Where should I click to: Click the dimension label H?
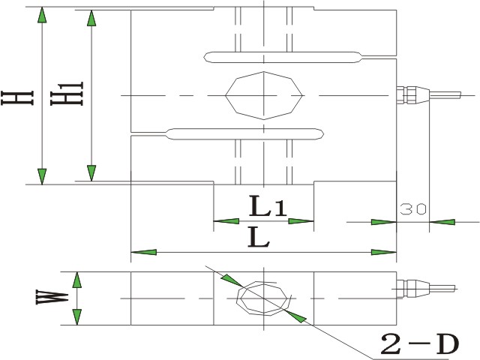(x=17, y=98)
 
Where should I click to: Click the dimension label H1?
(x=67, y=94)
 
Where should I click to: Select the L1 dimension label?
(x=268, y=206)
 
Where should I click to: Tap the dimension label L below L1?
(x=259, y=237)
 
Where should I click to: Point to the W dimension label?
(x=52, y=297)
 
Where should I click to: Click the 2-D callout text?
(x=420, y=344)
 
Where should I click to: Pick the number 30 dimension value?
(x=413, y=209)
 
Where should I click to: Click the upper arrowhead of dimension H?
(x=42, y=15)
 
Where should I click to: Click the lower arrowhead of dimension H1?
(x=91, y=173)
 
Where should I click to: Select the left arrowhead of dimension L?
(x=143, y=252)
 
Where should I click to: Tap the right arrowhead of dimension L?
(x=384, y=252)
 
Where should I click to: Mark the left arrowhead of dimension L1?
(x=226, y=221)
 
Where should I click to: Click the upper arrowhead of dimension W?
(x=77, y=280)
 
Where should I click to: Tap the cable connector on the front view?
(x=428, y=95)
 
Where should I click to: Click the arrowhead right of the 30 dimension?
(x=442, y=222)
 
